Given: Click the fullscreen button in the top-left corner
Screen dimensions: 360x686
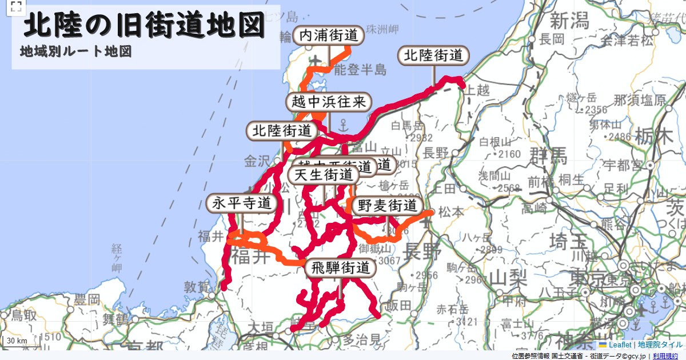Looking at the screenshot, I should coord(16,7).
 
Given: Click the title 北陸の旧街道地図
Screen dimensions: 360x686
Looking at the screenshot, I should coord(145,26).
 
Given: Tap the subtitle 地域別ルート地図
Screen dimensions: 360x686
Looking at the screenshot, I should coord(76,51).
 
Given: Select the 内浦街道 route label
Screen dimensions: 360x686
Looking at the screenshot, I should coord(329,36).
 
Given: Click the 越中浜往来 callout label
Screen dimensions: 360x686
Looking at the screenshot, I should coord(328,102).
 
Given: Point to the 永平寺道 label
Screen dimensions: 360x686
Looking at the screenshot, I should coord(241,203).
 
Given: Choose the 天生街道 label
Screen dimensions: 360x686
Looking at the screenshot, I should coord(324,175).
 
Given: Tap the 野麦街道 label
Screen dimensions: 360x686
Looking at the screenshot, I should coord(388,206).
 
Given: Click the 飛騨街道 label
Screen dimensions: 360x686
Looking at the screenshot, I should coord(341,267).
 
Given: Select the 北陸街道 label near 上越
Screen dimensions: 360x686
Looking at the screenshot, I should coord(433,55).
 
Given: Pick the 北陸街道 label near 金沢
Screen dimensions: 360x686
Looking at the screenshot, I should coord(282,130).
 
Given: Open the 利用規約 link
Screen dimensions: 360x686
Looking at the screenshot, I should coord(666,356).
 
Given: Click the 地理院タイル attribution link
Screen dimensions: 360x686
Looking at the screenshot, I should coord(660,345).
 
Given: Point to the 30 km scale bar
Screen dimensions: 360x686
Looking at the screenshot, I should coord(17,341).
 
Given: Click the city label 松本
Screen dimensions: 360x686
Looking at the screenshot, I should coord(450,211).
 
